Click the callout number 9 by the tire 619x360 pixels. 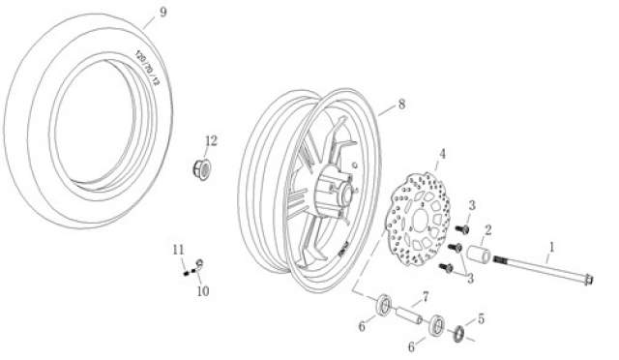[x=163, y=13]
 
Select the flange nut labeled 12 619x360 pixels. [x=202, y=169]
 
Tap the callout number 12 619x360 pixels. [x=211, y=140]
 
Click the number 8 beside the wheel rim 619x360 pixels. [x=401, y=105]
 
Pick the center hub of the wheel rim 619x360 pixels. [x=342, y=191]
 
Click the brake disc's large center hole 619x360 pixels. [x=420, y=220]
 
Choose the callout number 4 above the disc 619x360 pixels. [x=443, y=154]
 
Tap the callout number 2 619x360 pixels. [x=487, y=230]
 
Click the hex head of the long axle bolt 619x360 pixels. [x=588, y=281]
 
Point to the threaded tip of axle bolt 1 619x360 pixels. [x=500, y=259]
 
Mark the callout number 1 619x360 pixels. [x=551, y=248]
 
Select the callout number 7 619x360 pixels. [x=426, y=296]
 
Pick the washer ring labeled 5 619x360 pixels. [x=458, y=334]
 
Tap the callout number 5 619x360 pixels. [x=481, y=319]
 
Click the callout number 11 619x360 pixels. [x=178, y=250]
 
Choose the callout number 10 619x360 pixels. [x=203, y=291]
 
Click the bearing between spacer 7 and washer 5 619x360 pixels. [x=437, y=325]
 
